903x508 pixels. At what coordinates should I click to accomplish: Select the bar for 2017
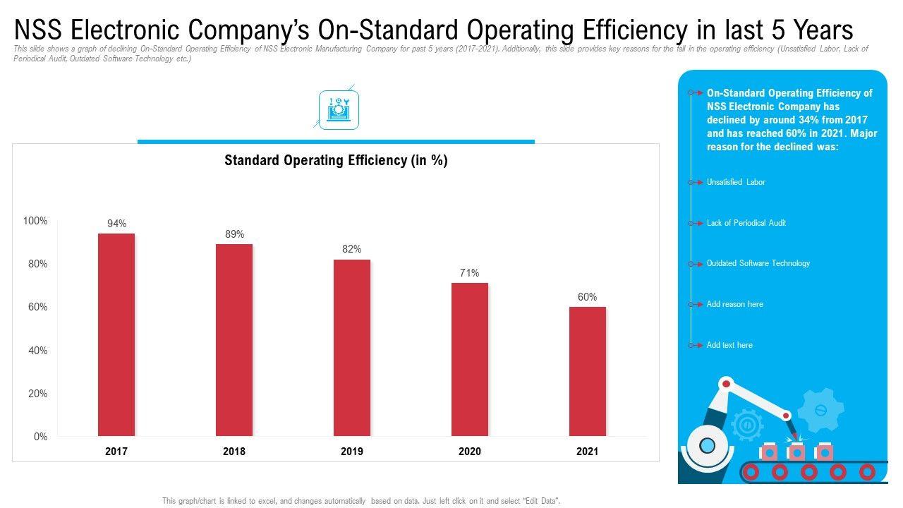click(116, 334)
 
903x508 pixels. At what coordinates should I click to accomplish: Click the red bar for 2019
click(352, 347)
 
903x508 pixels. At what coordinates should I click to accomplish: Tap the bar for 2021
click(588, 371)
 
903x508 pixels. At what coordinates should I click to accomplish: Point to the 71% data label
click(470, 273)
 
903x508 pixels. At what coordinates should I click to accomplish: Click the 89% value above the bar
click(234, 234)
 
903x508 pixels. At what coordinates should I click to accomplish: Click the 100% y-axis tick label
click(35, 221)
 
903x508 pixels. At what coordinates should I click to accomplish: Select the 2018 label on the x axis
click(234, 452)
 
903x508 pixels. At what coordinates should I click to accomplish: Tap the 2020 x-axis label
click(470, 452)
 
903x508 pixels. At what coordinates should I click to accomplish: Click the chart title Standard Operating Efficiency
click(336, 161)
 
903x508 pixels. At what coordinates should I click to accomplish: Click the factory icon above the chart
click(339, 110)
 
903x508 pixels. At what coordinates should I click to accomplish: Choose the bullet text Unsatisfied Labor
click(736, 182)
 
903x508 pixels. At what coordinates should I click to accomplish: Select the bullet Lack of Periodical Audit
click(746, 223)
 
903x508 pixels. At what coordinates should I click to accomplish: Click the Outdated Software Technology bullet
click(758, 263)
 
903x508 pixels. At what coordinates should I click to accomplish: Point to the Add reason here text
click(734, 304)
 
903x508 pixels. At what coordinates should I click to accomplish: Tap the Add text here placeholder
click(729, 345)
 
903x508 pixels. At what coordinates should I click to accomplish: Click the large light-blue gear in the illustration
click(820, 410)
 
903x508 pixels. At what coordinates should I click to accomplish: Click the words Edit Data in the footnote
click(540, 501)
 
